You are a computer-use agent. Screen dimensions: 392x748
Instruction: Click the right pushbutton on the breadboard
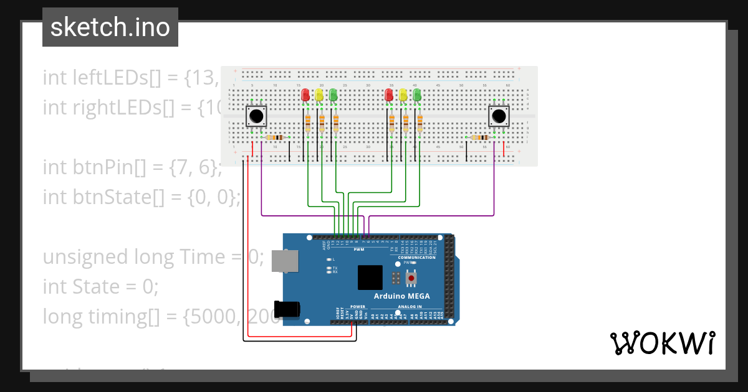click(x=498, y=116)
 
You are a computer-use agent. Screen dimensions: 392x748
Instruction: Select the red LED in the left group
click(x=305, y=95)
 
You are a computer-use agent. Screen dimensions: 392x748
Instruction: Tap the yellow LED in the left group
click(x=319, y=95)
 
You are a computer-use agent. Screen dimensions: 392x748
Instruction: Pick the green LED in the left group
click(x=333, y=95)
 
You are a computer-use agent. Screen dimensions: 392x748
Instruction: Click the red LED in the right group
click(x=389, y=95)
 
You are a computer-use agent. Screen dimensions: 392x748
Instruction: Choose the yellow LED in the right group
click(x=403, y=95)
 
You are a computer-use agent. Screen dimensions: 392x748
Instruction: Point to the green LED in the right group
click(x=417, y=95)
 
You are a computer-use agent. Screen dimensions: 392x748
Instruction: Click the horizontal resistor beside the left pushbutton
click(x=275, y=138)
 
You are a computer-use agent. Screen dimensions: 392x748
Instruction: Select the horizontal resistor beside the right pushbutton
click(x=480, y=138)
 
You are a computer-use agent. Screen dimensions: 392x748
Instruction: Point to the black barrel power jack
click(x=288, y=309)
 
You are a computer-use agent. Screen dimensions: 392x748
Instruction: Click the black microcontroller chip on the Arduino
click(x=370, y=278)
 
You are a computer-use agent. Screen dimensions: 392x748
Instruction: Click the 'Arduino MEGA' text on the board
click(x=402, y=296)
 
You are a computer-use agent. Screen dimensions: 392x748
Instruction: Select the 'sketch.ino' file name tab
click(x=110, y=27)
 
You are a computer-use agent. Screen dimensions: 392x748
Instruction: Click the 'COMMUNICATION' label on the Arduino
click(x=416, y=257)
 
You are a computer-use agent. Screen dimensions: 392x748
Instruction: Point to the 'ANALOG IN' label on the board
click(x=410, y=307)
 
